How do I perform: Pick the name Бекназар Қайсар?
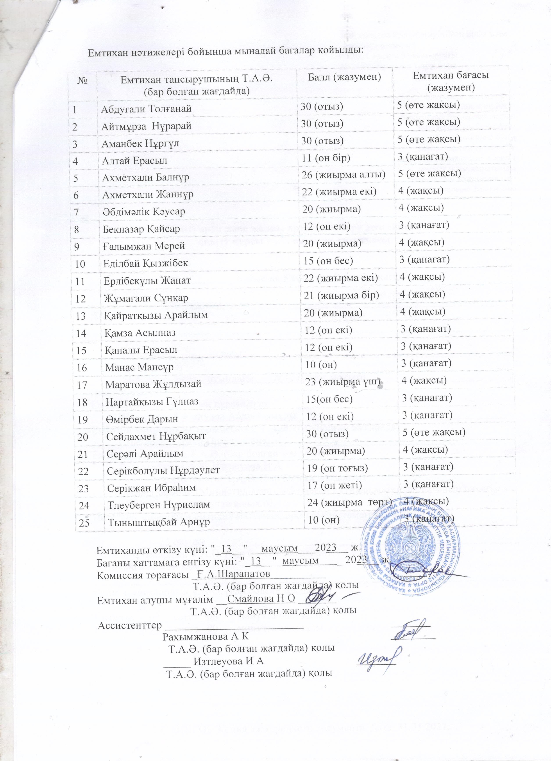pos(141,229)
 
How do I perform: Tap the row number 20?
pos(83,437)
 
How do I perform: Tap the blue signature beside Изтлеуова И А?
pos(378,657)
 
